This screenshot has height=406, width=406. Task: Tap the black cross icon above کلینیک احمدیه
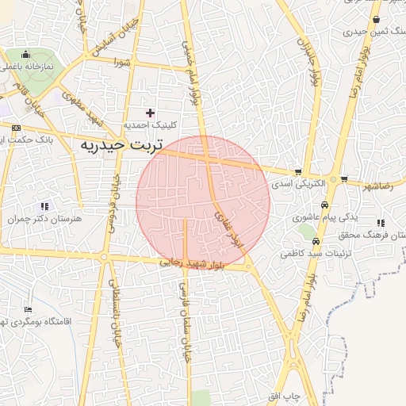click(x=150, y=113)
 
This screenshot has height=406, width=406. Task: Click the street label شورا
click(x=121, y=61)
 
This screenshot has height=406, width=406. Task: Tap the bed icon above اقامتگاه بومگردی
click(x=29, y=310)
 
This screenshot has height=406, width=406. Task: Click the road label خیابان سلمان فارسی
click(x=185, y=320)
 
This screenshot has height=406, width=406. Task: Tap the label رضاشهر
click(x=377, y=186)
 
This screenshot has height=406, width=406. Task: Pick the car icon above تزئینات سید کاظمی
click(x=316, y=242)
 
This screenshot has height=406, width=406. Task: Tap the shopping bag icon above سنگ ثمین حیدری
click(x=376, y=20)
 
